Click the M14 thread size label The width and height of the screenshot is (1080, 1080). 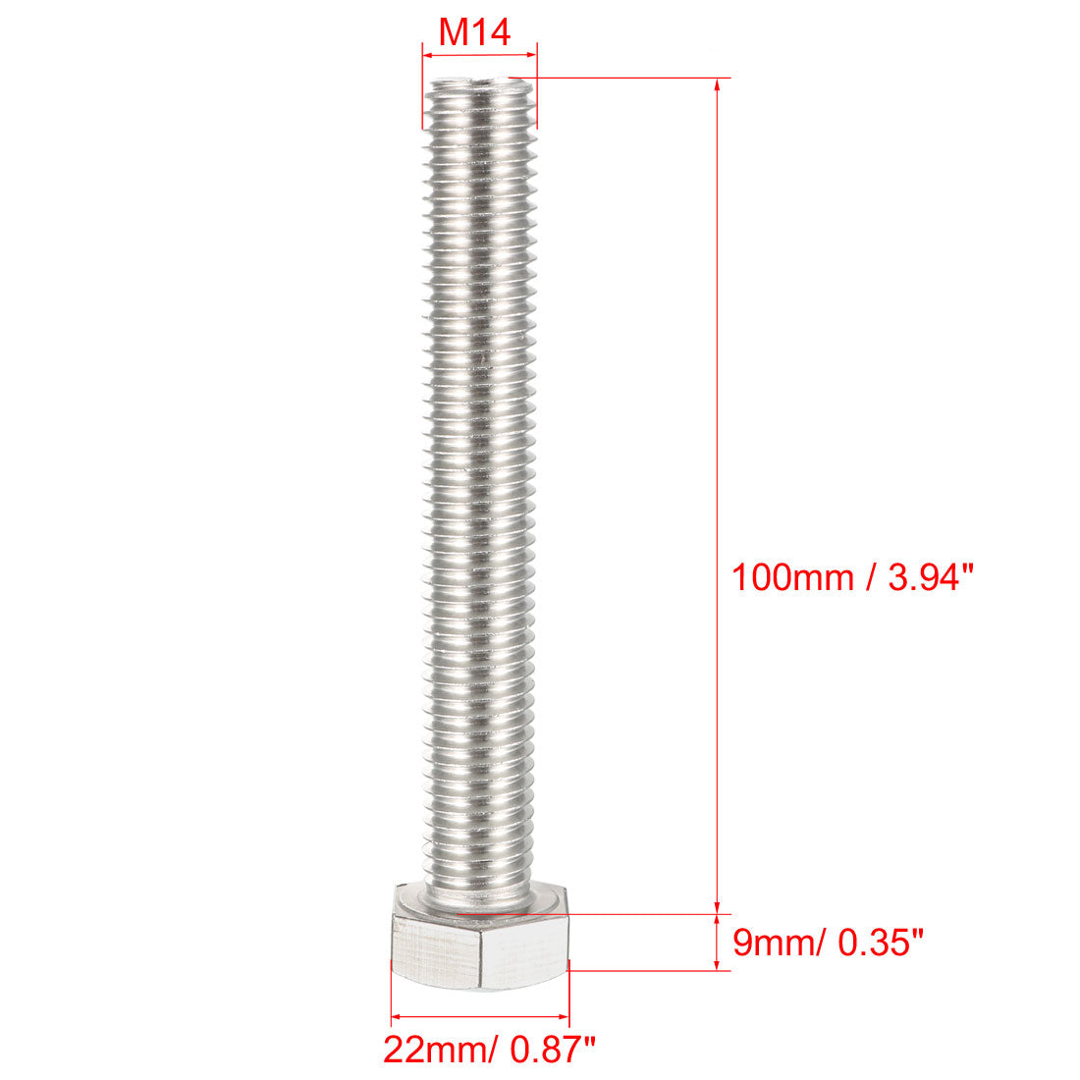tap(474, 32)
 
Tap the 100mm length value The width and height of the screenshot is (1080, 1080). tap(791, 577)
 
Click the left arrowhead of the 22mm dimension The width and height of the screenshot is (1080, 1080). tap(398, 1017)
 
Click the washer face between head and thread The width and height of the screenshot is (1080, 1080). tap(480, 901)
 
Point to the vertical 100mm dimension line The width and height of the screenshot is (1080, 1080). tap(719, 393)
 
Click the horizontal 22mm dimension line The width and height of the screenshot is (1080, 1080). tap(480, 1017)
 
